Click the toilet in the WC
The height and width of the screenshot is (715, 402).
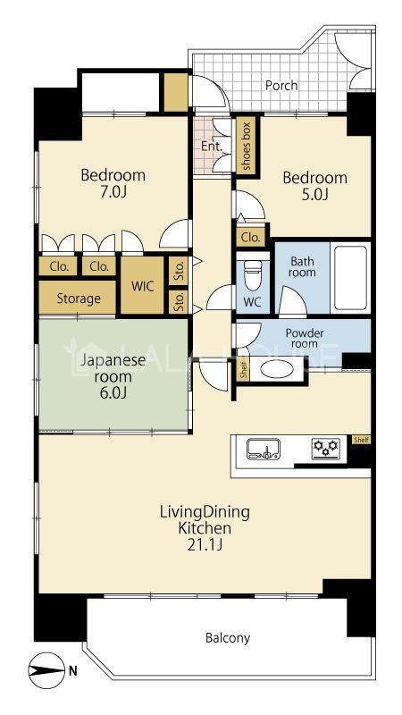(253, 274)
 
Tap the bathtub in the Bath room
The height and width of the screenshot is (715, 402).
(350, 278)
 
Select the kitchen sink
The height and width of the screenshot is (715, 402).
(264, 449)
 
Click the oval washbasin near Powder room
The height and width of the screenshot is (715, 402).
(277, 368)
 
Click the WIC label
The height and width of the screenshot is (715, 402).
(142, 287)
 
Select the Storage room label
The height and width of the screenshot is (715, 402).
(79, 299)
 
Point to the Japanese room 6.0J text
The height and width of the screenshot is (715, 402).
(113, 376)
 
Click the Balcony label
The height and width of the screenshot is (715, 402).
(228, 637)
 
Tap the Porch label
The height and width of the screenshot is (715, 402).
(281, 85)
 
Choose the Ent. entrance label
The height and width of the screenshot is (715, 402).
(212, 147)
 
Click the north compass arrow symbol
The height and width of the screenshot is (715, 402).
(46, 671)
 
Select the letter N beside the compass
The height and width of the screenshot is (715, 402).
(72, 671)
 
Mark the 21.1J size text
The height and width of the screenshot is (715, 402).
(205, 544)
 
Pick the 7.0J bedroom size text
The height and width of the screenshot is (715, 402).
(113, 192)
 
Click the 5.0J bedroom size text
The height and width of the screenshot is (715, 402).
(314, 194)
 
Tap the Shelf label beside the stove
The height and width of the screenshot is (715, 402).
(362, 440)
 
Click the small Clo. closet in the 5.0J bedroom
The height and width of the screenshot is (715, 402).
(250, 237)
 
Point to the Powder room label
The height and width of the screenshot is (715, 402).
(305, 338)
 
